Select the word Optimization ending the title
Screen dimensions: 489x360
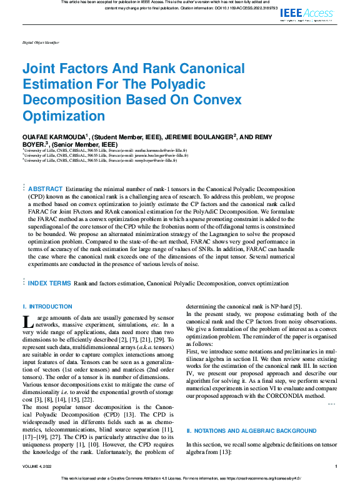64,116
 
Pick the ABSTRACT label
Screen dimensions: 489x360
46,189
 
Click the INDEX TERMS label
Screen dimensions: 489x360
49,283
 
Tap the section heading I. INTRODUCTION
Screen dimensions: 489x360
47,307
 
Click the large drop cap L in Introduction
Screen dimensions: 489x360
27,322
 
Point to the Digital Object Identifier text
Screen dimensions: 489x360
41,42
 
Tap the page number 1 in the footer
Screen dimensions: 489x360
336,466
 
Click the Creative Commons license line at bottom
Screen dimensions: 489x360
179,478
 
